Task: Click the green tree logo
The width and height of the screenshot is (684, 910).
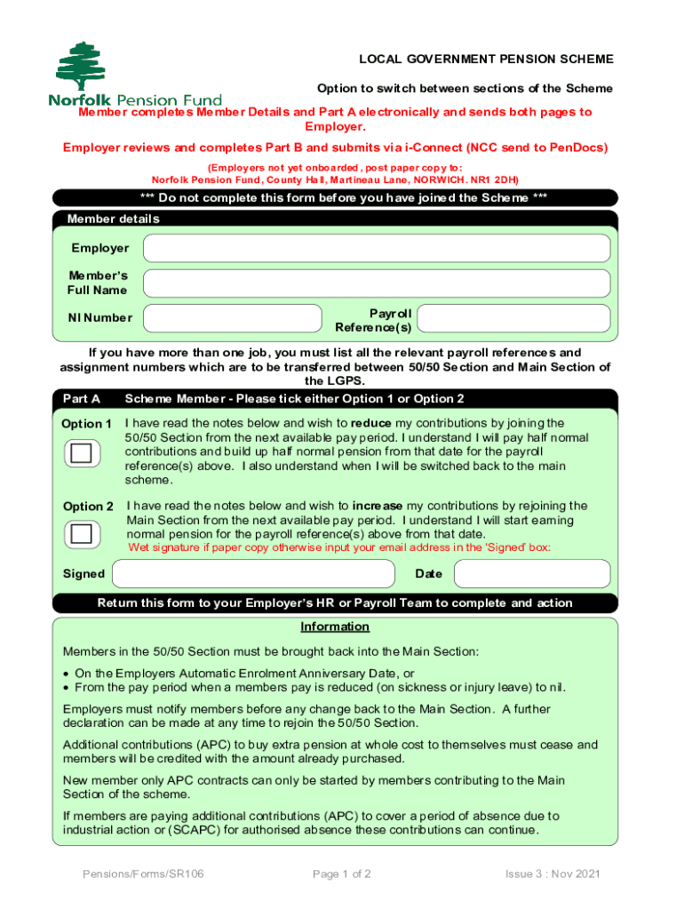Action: pos(82,66)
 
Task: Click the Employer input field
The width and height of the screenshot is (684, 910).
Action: pos(377,249)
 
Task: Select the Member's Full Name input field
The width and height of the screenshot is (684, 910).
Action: pos(377,283)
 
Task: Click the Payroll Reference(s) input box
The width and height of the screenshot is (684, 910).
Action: pos(513,318)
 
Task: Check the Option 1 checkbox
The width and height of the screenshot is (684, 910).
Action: pos(81,453)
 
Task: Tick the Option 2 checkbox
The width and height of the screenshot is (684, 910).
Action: pos(81,534)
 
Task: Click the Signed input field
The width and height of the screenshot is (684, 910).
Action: pos(253,574)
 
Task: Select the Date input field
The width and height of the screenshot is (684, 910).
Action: pos(531,574)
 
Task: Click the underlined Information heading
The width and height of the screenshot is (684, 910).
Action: pos(335,627)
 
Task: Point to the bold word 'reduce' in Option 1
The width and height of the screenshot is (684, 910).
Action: pos(371,423)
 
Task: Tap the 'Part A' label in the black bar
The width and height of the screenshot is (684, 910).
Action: pos(82,399)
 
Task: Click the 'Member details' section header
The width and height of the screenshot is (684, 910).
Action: pos(114,219)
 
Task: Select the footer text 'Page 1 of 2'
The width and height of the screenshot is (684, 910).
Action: pos(342,874)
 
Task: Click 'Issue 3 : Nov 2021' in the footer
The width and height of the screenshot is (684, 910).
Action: pos(553,874)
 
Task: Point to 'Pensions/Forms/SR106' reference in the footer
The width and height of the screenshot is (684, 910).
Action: pos(143,874)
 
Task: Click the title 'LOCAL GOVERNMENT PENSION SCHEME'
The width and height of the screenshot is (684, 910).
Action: pos(486,60)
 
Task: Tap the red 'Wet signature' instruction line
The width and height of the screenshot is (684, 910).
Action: pos(339,547)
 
